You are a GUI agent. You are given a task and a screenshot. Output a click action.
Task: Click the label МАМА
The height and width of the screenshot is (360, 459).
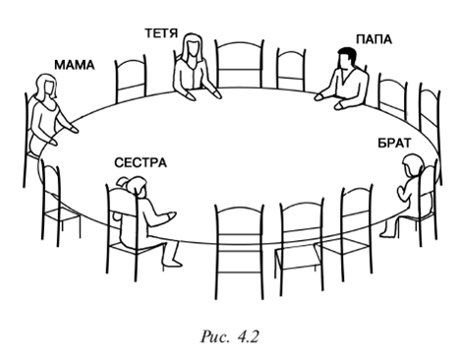[x=74, y=65]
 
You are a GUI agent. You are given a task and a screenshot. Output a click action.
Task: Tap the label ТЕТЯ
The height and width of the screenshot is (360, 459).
[x=161, y=33]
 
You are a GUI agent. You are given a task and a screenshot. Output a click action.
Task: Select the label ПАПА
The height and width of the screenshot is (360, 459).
[x=373, y=39]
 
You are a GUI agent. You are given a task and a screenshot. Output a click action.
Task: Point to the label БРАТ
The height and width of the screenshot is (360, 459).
[x=394, y=144]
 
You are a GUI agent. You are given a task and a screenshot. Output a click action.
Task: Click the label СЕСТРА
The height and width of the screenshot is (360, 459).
[x=141, y=162]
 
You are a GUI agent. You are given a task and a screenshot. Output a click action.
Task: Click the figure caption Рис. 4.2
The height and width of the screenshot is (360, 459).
[x=229, y=336]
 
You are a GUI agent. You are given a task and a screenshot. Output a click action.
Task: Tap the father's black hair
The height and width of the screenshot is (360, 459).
[x=348, y=55]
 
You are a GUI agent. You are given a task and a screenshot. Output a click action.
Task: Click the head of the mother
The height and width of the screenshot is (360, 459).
[x=45, y=86]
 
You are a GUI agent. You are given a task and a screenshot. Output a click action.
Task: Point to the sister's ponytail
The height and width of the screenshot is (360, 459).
[x=124, y=182]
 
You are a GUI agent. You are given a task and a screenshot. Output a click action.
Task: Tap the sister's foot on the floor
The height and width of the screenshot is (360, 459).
[x=173, y=263]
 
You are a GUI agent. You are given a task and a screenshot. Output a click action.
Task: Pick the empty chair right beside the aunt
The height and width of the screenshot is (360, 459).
[x=239, y=64]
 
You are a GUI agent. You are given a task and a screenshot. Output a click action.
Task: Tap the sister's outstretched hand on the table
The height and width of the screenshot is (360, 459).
[x=170, y=216]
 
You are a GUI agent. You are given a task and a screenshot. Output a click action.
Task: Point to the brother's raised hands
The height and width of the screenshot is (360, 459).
[x=402, y=193]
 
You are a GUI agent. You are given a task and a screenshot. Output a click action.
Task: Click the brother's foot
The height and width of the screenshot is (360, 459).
[x=385, y=233]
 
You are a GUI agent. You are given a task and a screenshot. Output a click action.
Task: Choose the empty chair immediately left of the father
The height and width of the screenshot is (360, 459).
[x=291, y=70]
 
